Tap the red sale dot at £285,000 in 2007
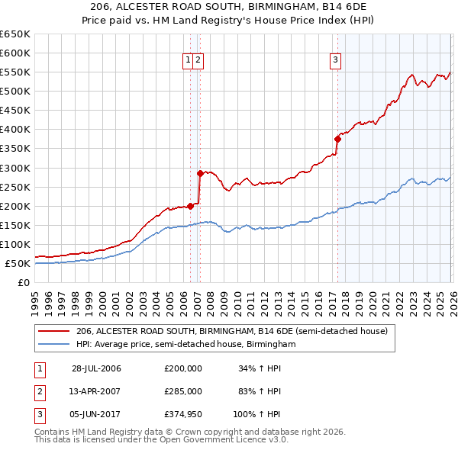[200, 173]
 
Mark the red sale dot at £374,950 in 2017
[337, 139]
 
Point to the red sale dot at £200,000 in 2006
[190, 206]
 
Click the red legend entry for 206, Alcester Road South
[232, 331]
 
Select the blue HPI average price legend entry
[185, 345]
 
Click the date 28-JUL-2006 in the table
[96, 369]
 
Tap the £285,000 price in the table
[183, 391]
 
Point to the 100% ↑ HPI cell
[257, 414]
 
